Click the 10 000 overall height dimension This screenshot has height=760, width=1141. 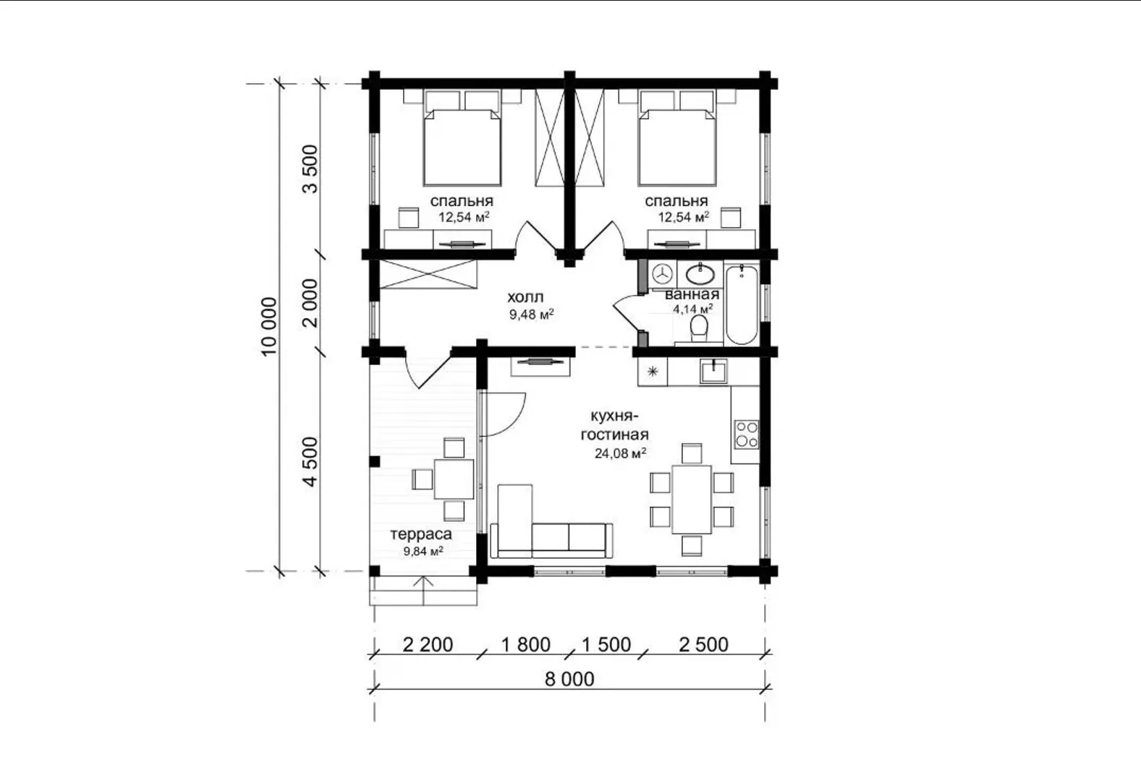[268, 326]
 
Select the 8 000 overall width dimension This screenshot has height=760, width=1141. [569, 679]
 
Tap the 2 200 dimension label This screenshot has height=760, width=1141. [428, 644]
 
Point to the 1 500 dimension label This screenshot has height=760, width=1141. [606, 644]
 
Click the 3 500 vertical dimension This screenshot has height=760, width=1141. [310, 169]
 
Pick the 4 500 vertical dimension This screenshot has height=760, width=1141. [310, 461]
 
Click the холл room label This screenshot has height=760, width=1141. [525, 296]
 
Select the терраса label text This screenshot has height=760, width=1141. [421, 534]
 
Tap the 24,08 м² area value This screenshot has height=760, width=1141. [620, 453]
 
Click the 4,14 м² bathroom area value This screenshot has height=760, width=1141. [692, 309]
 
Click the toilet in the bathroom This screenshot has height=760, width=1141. [699, 328]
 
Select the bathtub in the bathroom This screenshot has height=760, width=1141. [742, 304]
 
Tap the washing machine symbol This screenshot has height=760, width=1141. [663, 273]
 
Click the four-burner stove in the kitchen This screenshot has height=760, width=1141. [746, 434]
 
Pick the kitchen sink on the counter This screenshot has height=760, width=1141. [713, 370]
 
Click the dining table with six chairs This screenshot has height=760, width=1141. [691, 500]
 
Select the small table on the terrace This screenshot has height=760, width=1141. [454, 479]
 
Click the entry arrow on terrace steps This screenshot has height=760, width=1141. [424, 591]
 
